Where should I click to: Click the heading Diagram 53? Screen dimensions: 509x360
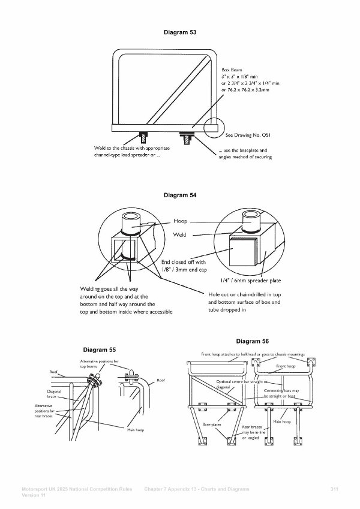tap(179, 31)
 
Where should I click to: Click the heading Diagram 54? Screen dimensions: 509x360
tap(179, 195)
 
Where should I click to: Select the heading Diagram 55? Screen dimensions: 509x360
tap(100, 349)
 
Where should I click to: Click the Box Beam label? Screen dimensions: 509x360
tap(233, 70)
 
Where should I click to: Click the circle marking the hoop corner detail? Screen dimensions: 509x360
tap(212, 128)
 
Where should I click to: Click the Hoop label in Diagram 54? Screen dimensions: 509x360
tap(180, 221)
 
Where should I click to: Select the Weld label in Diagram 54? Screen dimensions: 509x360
tap(179, 236)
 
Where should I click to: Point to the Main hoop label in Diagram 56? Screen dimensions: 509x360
tap(281, 421)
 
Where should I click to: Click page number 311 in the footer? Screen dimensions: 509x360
tap(335, 490)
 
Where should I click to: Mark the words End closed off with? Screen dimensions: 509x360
tap(184, 262)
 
